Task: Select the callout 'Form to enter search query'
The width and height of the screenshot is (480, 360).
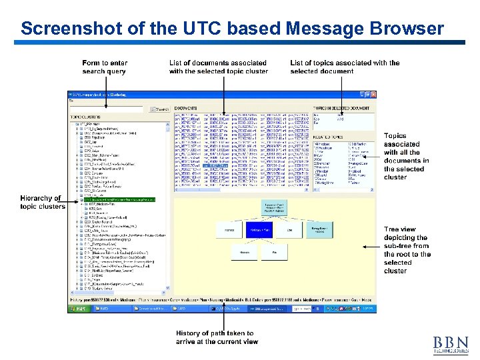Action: click(105, 67)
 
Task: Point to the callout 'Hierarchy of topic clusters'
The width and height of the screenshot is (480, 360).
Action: click(42, 202)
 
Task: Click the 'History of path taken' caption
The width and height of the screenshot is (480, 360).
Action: click(217, 337)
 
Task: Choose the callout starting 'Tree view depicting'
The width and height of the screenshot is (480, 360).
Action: click(407, 250)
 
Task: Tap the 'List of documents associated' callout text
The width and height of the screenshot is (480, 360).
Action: click(218, 67)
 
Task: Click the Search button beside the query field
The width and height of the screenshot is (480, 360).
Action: click(160, 109)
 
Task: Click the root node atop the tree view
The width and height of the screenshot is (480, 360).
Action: click(275, 207)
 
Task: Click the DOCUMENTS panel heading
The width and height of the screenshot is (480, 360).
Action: click(186, 108)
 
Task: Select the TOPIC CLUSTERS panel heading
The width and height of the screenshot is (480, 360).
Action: click(86, 117)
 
